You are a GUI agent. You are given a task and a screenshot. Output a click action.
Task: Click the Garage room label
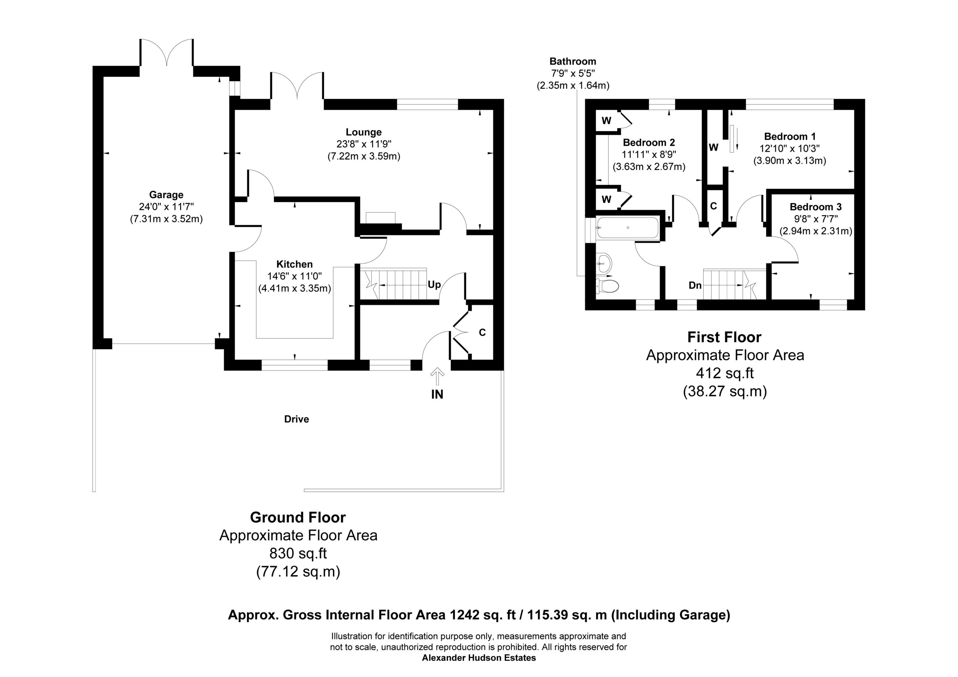166,195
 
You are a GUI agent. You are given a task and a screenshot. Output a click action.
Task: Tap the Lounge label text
363,132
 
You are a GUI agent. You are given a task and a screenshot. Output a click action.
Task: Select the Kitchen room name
295,264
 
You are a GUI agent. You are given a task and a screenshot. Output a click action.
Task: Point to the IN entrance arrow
437,376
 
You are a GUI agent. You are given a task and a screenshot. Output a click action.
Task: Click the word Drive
297,419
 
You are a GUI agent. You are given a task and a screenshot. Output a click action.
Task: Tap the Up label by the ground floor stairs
434,285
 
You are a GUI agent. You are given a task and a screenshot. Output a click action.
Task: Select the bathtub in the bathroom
628,228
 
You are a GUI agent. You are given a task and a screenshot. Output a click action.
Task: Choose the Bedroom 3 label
816,207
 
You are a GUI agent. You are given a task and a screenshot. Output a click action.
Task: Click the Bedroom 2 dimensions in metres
649,167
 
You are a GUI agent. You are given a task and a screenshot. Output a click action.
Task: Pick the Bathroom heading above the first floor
573,61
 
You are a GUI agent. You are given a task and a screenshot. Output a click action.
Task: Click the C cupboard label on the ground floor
482,333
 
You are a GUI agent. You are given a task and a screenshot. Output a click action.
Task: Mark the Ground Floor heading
298,518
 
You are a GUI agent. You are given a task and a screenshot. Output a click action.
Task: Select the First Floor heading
724,337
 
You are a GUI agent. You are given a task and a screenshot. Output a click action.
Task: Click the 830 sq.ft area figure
298,554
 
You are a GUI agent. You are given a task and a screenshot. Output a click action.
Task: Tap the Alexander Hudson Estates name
479,658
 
